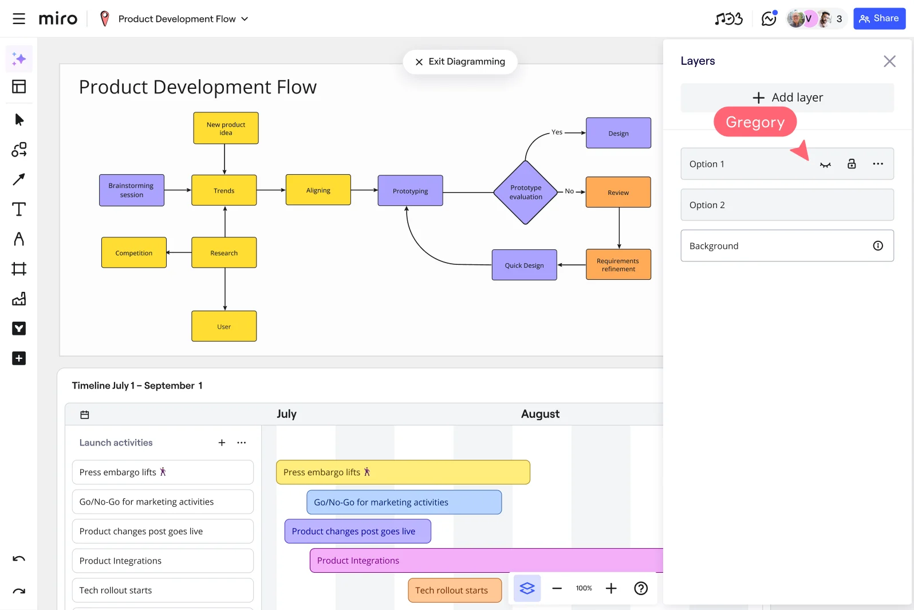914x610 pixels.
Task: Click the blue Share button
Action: [x=879, y=19]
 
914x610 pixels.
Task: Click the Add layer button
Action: [x=787, y=97]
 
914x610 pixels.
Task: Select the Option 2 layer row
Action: [x=787, y=205]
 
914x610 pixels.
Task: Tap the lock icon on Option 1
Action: [x=852, y=164]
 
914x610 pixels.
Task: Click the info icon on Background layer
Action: [x=877, y=246]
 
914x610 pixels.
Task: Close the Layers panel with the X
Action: [x=889, y=61]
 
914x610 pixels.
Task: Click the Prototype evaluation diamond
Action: [x=526, y=193]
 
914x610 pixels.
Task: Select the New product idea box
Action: [x=226, y=128]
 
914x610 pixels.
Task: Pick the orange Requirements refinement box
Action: [x=618, y=264]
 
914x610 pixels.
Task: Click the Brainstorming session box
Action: [x=132, y=190]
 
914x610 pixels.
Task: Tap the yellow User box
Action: [x=224, y=326]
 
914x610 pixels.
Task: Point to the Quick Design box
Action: [x=524, y=265]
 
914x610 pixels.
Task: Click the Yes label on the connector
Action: [x=557, y=132]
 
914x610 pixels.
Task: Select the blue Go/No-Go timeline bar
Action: [x=404, y=502]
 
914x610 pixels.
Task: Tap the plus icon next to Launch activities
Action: [x=222, y=443]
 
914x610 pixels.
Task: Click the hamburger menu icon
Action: [x=19, y=19]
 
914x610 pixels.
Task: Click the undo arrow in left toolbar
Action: [x=19, y=559]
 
